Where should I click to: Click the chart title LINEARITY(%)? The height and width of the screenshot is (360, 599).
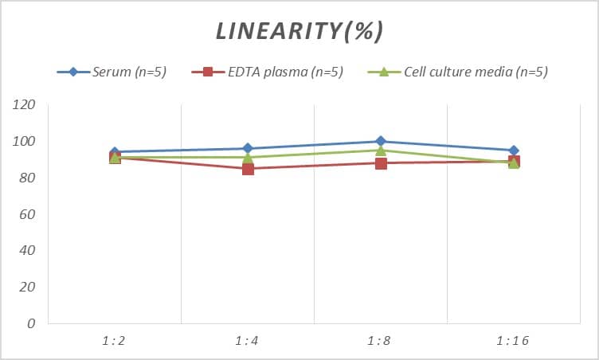(x=299, y=31)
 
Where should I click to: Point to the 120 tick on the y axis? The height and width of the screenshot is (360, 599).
(x=25, y=105)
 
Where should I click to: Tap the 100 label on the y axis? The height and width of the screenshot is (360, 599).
(x=25, y=142)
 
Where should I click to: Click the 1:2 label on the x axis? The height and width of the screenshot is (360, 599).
(x=115, y=341)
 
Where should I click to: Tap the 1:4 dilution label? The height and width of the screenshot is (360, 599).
(x=248, y=341)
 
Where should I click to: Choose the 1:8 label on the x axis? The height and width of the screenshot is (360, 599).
(x=381, y=341)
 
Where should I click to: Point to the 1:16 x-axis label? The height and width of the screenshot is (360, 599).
(x=514, y=341)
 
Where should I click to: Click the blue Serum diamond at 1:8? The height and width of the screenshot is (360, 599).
(x=381, y=141)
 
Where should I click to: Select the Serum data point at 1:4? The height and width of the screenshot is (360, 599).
(x=248, y=148)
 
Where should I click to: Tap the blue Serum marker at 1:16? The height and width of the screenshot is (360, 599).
(x=514, y=151)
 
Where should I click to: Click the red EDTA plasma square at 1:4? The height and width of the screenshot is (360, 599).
(x=248, y=168)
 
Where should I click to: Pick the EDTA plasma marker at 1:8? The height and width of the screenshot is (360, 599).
(x=381, y=163)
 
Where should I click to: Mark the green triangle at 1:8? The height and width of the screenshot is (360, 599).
(x=381, y=151)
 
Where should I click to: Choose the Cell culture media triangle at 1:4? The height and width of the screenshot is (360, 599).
(x=248, y=157)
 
